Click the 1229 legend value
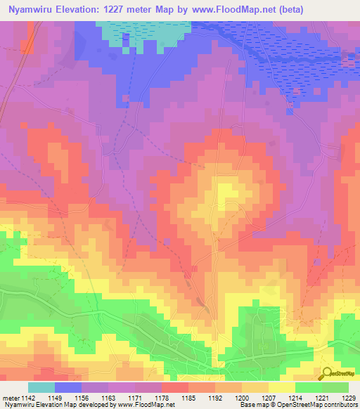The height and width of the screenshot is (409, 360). click(347, 398)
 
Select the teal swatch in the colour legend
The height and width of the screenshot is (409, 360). click(41, 387)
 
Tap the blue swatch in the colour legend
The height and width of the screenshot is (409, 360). click(68, 387)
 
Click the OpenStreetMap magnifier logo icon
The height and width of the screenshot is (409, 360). click(327, 372)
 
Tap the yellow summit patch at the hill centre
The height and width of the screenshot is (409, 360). click(226, 191)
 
